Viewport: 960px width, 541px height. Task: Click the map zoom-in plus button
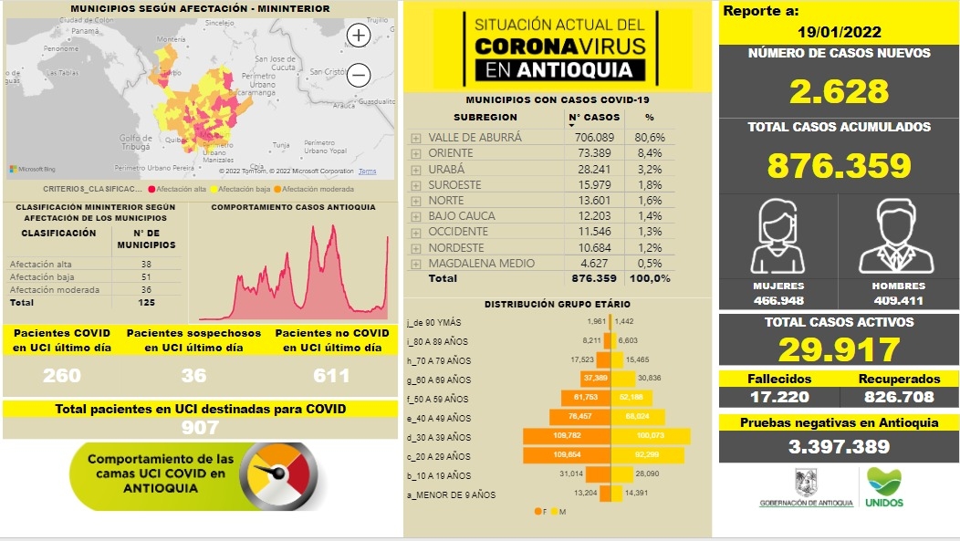(x=360, y=36)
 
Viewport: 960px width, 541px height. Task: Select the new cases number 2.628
(x=839, y=91)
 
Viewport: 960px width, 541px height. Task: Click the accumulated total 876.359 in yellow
(x=839, y=165)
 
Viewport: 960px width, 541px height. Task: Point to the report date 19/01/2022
(x=839, y=32)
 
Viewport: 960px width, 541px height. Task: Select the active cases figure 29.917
(x=839, y=349)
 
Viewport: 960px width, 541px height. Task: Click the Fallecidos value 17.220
(x=776, y=397)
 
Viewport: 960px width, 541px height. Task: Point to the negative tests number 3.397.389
(x=839, y=447)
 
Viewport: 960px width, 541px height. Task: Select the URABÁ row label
(x=446, y=169)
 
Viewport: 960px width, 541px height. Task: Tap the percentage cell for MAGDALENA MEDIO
(x=649, y=263)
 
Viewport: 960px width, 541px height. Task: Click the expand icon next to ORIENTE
(x=416, y=153)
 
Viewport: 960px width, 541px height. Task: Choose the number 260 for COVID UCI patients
(x=62, y=375)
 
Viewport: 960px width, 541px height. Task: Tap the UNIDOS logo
(x=883, y=488)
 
